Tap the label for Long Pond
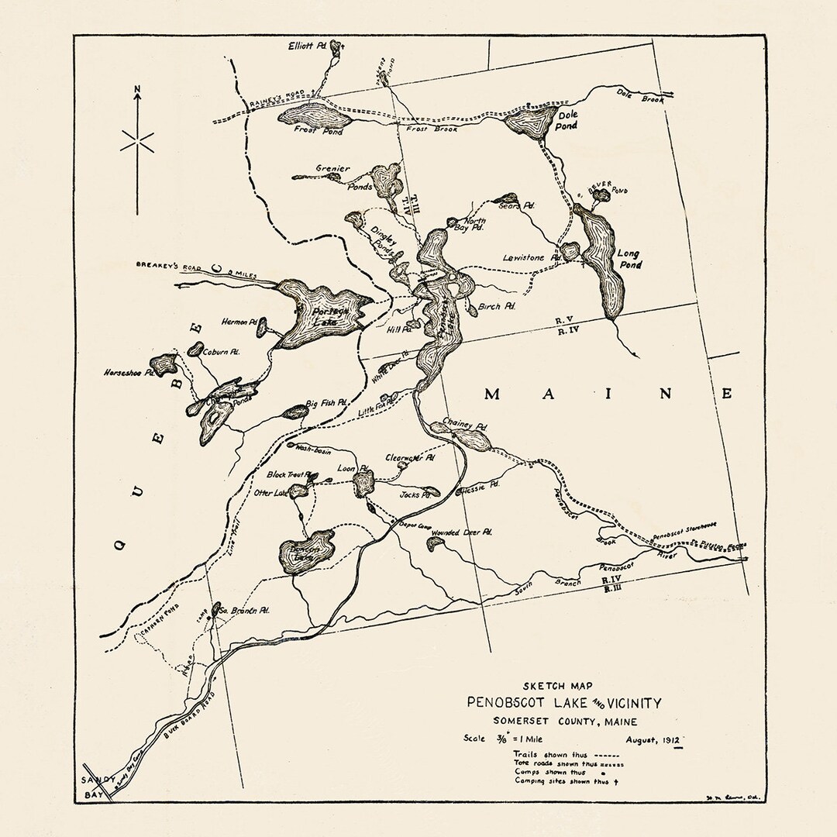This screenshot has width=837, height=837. click(629, 259)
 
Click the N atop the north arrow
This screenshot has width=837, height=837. click(137, 97)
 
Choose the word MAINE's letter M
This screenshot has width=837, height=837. click(491, 394)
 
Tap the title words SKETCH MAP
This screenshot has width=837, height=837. click(562, 687)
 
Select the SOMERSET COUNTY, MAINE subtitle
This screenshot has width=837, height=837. click(564, 722)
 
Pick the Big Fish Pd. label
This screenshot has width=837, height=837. click(325, 404)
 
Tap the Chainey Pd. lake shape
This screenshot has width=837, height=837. click(472, 440)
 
